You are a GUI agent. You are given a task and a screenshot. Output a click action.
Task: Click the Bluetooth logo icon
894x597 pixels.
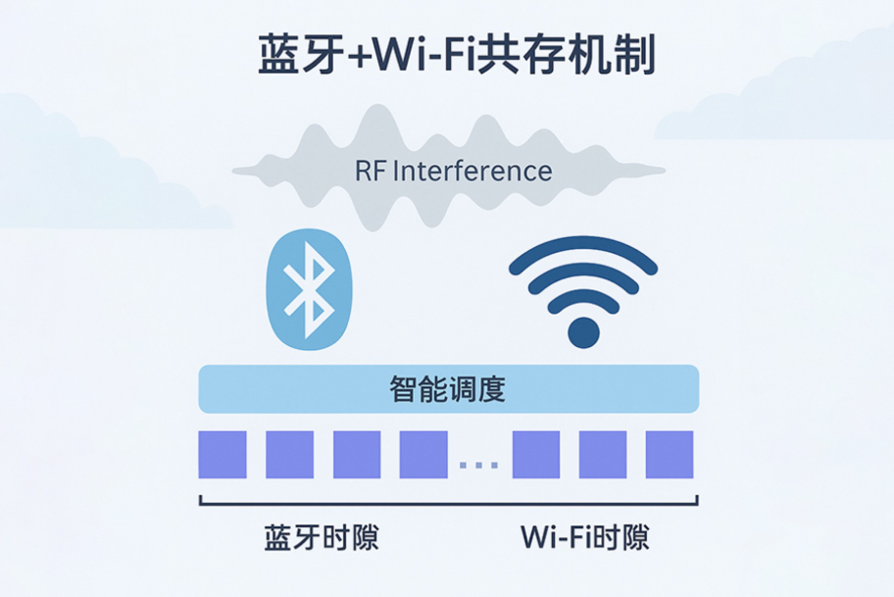(x=308, y=291)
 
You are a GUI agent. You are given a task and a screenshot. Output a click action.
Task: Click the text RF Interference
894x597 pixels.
(x=453, y=172)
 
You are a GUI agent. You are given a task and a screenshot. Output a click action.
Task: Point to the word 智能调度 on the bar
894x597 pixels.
(x=447, y=390)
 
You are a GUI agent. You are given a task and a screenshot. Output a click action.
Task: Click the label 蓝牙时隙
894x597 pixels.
(x=322, y=538)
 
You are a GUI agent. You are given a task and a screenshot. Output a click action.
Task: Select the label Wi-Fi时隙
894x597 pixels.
(x=585, y=538)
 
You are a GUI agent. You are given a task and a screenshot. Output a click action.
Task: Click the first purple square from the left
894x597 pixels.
(x=223, y=455)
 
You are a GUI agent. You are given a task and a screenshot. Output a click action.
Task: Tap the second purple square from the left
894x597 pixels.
(x=290, y=455)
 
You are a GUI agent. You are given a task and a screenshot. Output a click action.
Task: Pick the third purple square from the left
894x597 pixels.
(x=357, y=455)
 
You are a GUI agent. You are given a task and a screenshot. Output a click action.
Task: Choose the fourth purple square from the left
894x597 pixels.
(x=423, y=455)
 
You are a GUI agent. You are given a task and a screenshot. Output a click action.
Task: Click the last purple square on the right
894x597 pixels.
(x=670, y=455)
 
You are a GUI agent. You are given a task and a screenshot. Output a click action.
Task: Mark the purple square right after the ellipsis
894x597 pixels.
(x=536, y=455)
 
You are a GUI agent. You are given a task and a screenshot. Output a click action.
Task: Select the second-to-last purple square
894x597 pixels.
(x=603, y=455)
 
